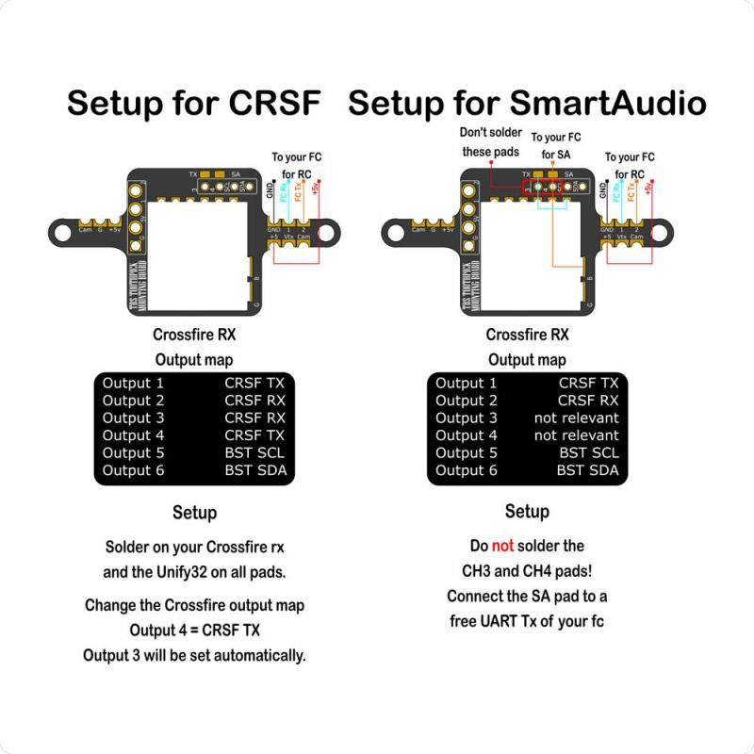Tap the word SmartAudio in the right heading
[608, 103]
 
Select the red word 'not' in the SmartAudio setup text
[501, 546]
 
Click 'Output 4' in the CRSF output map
[133, 434]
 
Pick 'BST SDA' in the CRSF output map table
[254, 469]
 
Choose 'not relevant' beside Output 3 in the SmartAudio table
[576, 418]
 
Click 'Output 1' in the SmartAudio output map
[466, 383]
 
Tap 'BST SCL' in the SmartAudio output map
[587, 452]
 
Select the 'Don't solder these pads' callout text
[491, 141]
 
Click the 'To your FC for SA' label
[556, 145]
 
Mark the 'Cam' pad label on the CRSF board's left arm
[85, 229]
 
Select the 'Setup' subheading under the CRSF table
[194, 512]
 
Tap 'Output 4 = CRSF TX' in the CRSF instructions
[194, 630]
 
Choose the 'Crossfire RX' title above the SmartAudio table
[527, 335]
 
